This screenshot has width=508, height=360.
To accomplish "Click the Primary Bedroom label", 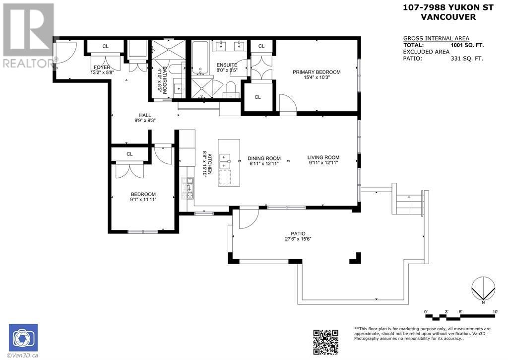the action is click(x=317, y=72).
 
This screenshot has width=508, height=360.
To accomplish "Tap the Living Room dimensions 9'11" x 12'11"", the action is click(x=323, y=163).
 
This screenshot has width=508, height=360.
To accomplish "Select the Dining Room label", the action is click(x=264, y=158).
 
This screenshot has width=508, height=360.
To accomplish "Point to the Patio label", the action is click(x=298, y=233).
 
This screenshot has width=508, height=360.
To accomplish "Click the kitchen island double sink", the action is click(x=225, y=161).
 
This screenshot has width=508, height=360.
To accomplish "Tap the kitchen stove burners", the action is click(x=188, y=188).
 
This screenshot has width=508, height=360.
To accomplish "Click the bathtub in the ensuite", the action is click(x=200, y=58).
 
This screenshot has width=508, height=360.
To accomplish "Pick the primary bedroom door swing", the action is click(x=288, y=104).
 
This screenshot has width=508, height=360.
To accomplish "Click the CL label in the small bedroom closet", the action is click(x=129, y=154).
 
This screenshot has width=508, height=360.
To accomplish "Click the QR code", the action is click(x=325, y=342).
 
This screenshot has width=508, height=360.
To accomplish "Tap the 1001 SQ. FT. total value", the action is click(x=467, y=45).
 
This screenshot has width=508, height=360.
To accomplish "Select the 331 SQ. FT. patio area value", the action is click(x=467, y=59).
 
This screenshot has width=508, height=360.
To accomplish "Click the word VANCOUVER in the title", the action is click(x=448, y=17).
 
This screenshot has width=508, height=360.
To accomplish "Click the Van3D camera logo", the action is click(x=23, y=338).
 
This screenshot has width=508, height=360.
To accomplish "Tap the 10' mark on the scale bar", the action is click(x=496, y=312).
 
